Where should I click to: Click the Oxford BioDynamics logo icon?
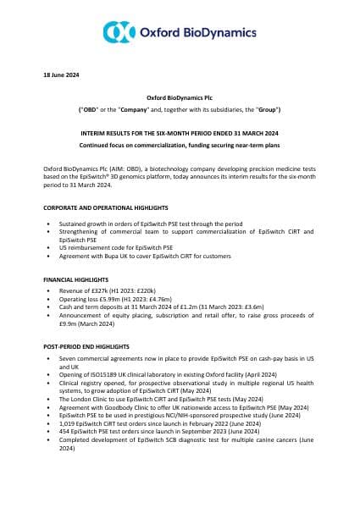pos(119,31)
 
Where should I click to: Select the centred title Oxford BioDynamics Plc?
pos(180,99)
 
